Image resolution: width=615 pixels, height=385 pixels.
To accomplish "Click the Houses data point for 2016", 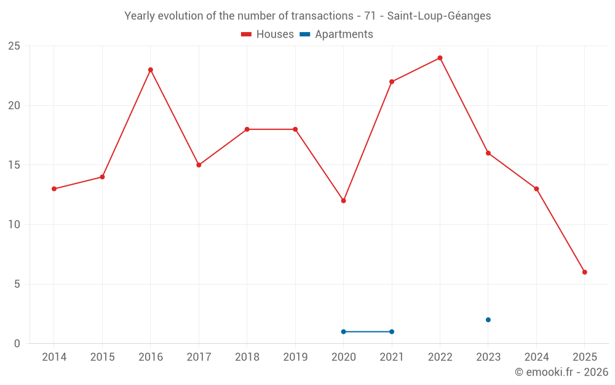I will tap(151, 70).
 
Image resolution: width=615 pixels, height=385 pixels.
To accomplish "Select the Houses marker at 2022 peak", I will tap(440, 58).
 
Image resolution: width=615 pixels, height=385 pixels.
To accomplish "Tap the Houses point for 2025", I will tap(584, 272).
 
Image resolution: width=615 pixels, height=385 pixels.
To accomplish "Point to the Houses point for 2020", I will tap(343, 201).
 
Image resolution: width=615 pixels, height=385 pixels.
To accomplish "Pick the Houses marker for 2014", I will tap(54, 188).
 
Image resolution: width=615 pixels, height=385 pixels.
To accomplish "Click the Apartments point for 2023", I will tap(488, 320).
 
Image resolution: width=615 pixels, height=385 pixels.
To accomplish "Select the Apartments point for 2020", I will tap(343, 331).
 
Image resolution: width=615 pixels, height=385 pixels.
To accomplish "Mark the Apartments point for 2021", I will tap(392, 331).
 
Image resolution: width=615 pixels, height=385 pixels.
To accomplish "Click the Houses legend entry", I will tap(268, 34).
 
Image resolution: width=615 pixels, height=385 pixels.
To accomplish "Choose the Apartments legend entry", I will tap(336, 34).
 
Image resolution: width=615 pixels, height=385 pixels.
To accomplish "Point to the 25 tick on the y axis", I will tap(14, 46).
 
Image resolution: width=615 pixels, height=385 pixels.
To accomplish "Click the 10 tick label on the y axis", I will tap(14, 225).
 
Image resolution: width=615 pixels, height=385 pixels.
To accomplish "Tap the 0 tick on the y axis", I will tap(17, 344).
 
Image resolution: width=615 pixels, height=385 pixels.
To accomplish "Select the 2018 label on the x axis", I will tap(247, 357).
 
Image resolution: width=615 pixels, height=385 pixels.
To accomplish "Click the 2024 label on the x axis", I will tap(536, 357).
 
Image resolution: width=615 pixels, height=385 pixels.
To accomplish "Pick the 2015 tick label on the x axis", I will tap(102, 357).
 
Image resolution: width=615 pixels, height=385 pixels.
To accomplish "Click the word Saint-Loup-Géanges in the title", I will tap(439, 16).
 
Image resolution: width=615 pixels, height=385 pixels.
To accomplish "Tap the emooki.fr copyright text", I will tap(561, 372).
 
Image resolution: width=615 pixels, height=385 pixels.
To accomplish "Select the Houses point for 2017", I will tap(199, 165).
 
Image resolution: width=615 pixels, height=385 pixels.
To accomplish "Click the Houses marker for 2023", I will tap(488, 153).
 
